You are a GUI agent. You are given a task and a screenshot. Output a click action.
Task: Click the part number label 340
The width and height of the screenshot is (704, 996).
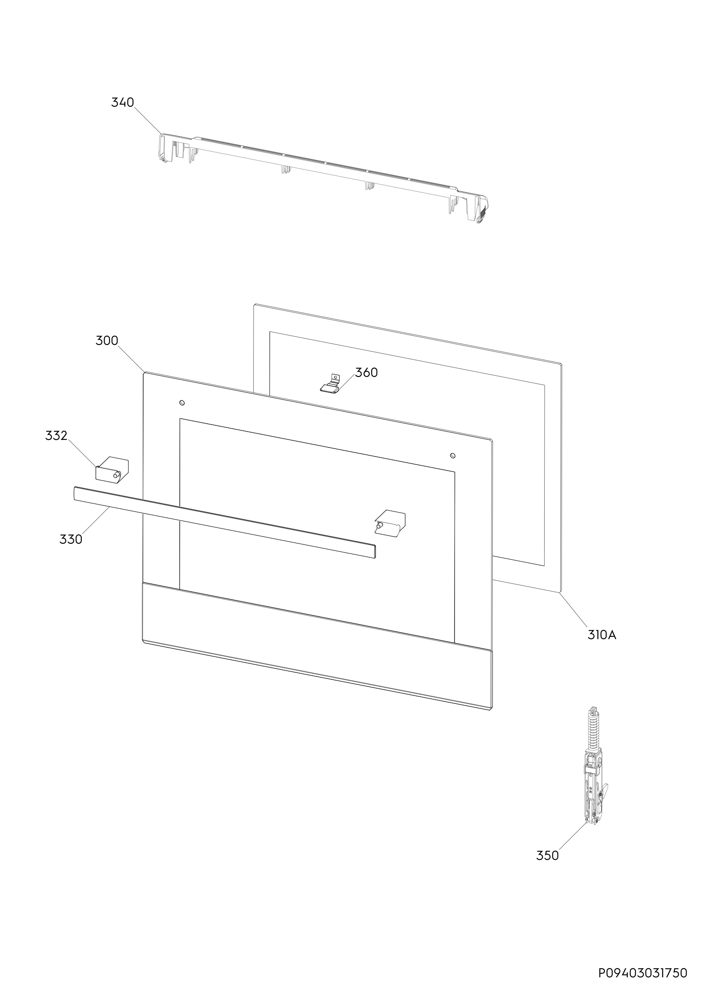click(x=123, y=103)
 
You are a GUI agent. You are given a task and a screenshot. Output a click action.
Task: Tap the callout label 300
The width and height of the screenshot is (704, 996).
click(x=107, y=341)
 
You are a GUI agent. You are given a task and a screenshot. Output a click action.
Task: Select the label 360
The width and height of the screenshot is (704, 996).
click(x=367, y=372)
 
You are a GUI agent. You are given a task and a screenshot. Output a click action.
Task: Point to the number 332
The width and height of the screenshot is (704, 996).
click(x=56, y=435)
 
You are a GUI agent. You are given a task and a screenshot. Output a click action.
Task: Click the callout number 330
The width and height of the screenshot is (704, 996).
click(x=71, y=539)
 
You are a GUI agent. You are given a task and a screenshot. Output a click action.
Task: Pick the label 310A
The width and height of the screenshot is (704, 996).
click(x=601, y=635)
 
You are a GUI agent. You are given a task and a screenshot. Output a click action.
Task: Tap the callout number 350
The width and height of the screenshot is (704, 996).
click(x=548, y=855)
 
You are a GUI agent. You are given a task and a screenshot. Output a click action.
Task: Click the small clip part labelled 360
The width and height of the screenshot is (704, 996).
click(x=330, y=384)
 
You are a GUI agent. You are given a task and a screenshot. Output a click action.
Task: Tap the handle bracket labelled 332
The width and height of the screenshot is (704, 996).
click(x=112, y=469)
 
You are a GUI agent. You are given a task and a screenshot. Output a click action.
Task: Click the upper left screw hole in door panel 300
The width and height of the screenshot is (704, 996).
click(x=182, y=403)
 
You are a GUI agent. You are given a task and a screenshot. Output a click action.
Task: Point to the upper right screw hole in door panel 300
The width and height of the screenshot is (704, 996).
click(x=453, y=456)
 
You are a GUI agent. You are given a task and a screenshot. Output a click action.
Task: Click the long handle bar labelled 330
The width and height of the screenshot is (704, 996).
click(x=225, y=522)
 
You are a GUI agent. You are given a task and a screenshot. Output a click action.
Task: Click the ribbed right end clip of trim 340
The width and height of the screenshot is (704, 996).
click(x=482, y=212)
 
